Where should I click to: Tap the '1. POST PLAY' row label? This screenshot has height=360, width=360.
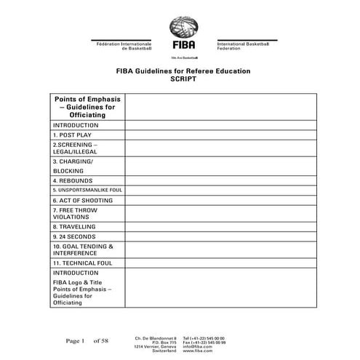(72, 135)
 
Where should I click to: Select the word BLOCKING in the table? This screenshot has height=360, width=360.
(68, 170)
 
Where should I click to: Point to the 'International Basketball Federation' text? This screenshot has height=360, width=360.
(243, 46)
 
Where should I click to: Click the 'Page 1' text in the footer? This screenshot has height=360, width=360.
(76, 340)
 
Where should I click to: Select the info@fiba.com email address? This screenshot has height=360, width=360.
(198, 346)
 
